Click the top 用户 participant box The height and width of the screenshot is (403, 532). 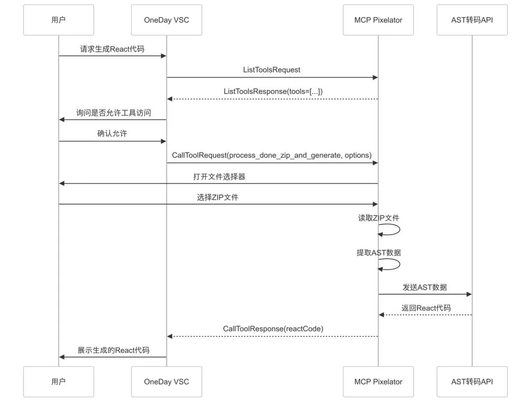58,20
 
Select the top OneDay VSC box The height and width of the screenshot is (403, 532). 166,20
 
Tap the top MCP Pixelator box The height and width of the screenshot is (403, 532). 378,20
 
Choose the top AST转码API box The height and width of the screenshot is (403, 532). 472,20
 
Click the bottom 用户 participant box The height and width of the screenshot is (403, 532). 58,381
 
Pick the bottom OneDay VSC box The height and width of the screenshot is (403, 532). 166,381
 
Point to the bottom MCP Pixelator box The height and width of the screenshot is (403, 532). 378,381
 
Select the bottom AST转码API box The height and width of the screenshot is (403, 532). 472,381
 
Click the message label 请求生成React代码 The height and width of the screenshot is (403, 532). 112,49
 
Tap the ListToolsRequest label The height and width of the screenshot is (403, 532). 272,70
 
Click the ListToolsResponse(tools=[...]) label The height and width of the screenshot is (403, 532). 273,91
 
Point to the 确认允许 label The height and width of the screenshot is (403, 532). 112,133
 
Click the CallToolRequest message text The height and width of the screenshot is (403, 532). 271,155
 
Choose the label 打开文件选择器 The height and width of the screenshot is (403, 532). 219,177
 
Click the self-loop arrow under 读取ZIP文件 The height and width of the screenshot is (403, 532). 392,229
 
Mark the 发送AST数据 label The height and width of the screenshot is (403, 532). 425,287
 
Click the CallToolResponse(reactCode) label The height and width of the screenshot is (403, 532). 273,328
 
